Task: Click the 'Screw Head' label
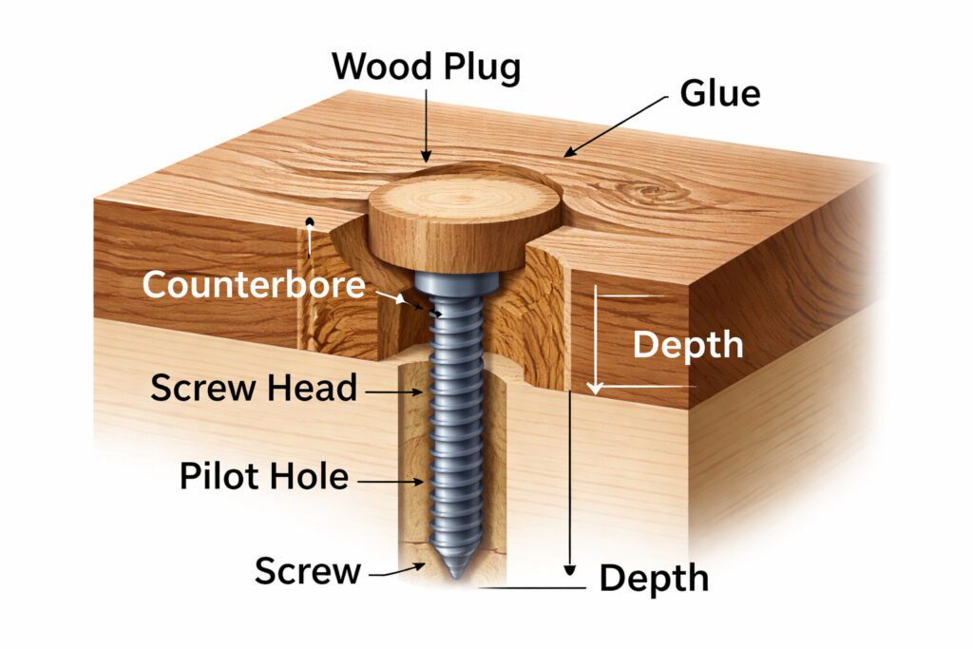[254, 388]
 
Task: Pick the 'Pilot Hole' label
[263, 476]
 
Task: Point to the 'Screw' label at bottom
[308, 571]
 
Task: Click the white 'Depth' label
[688, 344]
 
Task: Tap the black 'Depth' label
[654, 578]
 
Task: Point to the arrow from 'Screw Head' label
[391, 391]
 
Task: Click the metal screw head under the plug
[456, 281]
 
